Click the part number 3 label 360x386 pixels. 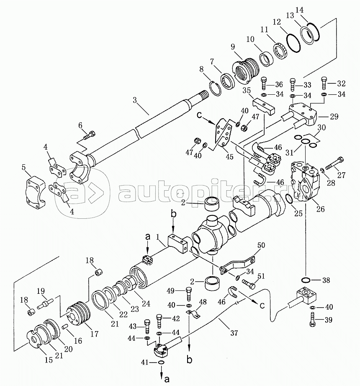[135, 101]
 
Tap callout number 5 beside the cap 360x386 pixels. [24, 168]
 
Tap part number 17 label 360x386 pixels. [95, 334]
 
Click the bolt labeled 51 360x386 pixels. [248, 285]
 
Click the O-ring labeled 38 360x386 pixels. [306, 280]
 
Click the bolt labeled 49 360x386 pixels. [188, 294]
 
